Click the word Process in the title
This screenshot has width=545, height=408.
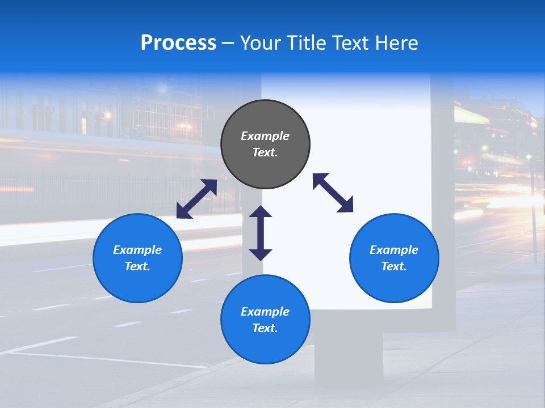click(178, 43)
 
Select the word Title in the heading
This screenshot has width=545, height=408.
click(307, 43)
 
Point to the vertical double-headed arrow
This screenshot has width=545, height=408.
click(261, 233)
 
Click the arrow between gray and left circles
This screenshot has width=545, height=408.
click(196, 199)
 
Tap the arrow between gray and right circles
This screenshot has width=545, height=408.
click(333, 193)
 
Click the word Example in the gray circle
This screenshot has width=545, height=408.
click(265, 136)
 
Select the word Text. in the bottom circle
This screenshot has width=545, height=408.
click(265, 328)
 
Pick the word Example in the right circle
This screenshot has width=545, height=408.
click(394, 250)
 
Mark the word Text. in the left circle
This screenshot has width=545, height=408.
click(137, 266)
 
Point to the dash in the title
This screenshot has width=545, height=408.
click(228, 44)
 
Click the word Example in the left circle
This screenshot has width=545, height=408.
click(137, 250)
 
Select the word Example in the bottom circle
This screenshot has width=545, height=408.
click(265, 312)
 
